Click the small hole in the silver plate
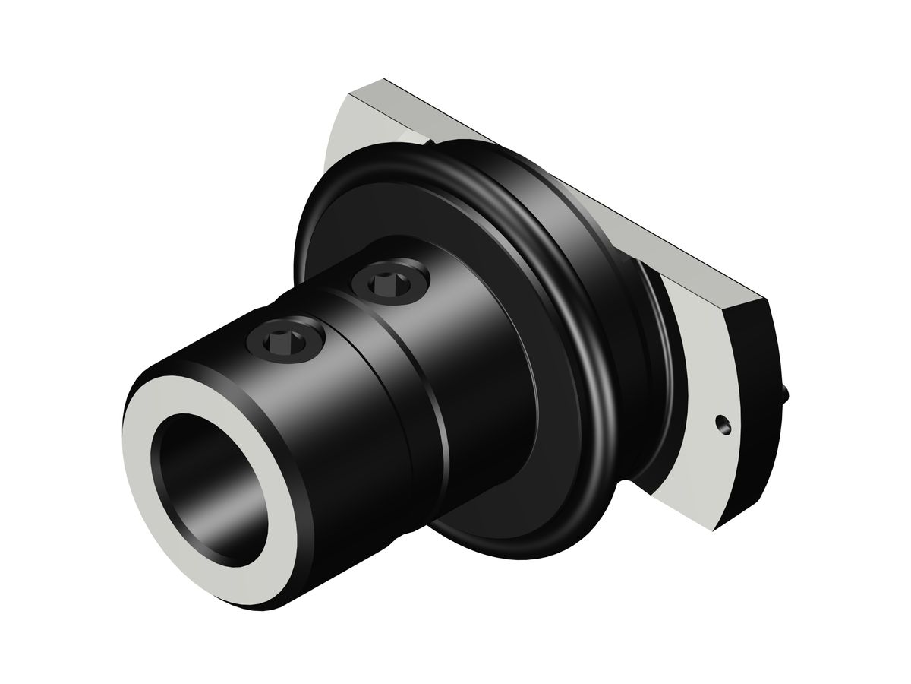click(x=721, y=423)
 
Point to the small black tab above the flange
click(x=430, y=142)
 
